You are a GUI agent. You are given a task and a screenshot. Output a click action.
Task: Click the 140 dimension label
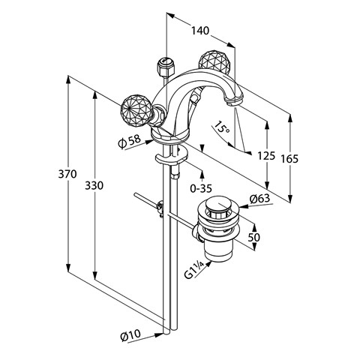coord(200,31)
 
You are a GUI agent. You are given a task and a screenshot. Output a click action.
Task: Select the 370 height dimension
coord(67,174)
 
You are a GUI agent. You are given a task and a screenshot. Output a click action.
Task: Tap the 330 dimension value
coord(94,185)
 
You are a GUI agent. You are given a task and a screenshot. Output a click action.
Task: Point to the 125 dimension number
coord(266,156)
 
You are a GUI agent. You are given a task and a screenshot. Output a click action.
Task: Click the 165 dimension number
coord(289,158)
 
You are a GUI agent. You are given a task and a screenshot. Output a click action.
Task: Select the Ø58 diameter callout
coord(130,142)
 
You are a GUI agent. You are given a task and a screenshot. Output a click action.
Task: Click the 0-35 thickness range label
coord(201,188)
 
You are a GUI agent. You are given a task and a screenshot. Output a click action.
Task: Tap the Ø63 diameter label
coord(260,199)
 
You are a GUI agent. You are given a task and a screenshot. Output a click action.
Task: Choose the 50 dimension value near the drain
coord(253,237)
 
